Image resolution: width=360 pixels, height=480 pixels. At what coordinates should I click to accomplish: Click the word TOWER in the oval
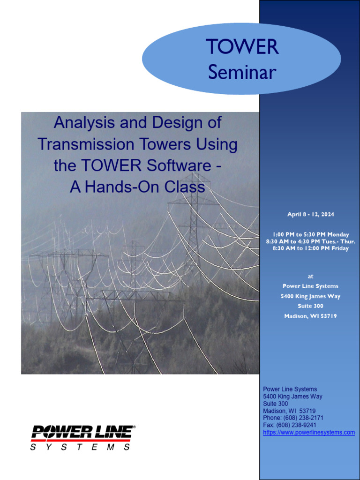242,47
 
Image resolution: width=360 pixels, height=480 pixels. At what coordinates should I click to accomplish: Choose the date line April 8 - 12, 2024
310,214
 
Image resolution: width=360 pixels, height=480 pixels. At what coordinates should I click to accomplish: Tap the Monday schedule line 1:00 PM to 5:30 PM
310,234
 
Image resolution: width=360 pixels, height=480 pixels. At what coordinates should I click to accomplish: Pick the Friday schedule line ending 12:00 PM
310,248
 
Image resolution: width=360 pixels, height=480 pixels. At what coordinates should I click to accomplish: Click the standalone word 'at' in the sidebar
310,277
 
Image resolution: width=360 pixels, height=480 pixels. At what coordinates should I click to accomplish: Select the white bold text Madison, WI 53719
310,316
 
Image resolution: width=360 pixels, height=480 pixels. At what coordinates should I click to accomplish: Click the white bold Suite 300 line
310,306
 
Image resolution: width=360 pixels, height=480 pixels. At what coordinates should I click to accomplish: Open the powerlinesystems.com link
309,432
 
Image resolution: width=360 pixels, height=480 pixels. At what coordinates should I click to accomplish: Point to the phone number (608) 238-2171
304,418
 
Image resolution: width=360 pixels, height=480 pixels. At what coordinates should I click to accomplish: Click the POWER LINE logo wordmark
81,432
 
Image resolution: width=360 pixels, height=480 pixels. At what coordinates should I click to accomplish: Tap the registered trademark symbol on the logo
135,427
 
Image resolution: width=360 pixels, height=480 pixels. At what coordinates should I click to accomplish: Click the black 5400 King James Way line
292,397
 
